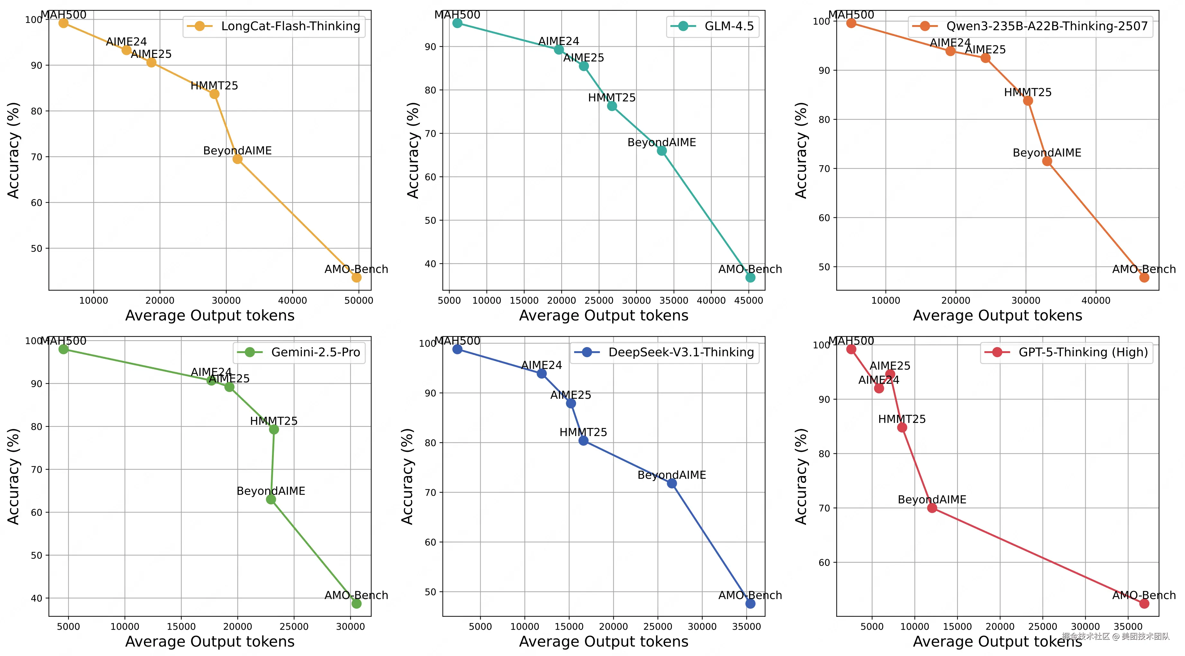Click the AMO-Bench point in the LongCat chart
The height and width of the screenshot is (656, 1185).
[x=357, y=278]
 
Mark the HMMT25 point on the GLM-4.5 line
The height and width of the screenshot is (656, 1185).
[x=612, y=106]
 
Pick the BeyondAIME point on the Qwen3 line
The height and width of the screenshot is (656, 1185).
[x=1047, y=161]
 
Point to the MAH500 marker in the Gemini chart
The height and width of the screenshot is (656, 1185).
[x=63, y=349]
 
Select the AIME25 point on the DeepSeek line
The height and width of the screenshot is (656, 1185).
[x=571, y=404]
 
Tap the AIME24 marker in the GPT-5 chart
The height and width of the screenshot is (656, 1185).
[x=879, y=388]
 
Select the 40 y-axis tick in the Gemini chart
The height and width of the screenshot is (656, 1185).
[x=37, y=598]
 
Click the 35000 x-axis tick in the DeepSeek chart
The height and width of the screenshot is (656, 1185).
[x=746, y=626]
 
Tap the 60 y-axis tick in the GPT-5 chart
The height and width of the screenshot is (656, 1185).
[x=824, y=563]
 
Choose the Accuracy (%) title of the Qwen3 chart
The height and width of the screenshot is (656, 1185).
[x=801, y=150]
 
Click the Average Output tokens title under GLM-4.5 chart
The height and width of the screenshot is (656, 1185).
[x=603, y=315]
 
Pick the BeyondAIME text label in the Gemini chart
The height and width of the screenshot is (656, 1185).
[x=271, y=491]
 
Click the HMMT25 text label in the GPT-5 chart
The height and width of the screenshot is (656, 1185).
[x=902, y=419]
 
